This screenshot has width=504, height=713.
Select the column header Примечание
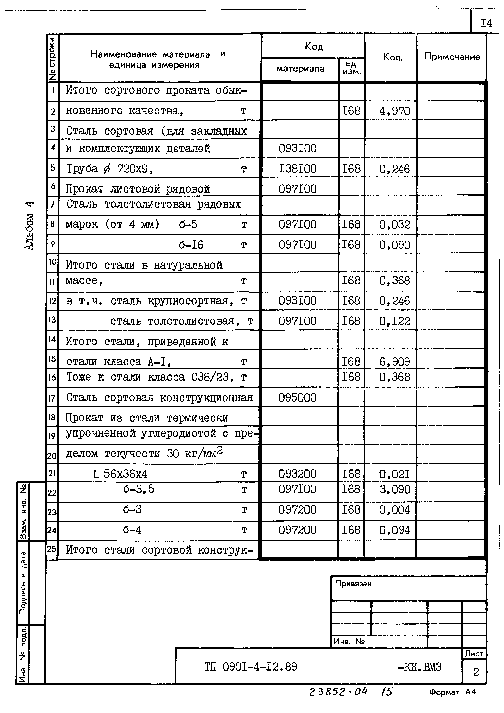tap(452, 57)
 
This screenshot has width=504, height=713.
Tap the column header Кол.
tap(393, 57)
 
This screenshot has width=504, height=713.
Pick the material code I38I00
tap(297, 169)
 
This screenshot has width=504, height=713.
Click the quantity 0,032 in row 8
tap(394, 224)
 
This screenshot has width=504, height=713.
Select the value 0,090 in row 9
tap(394, 245)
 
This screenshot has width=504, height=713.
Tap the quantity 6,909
tap(394, 361)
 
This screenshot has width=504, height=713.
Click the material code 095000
tap(297, 397)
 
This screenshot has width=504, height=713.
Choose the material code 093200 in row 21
tap(297, 474)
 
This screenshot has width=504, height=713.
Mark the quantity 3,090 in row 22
tap(394, 489)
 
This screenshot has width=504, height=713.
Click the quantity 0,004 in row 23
tap(394, 510)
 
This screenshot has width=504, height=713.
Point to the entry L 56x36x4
tap(121, 474)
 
